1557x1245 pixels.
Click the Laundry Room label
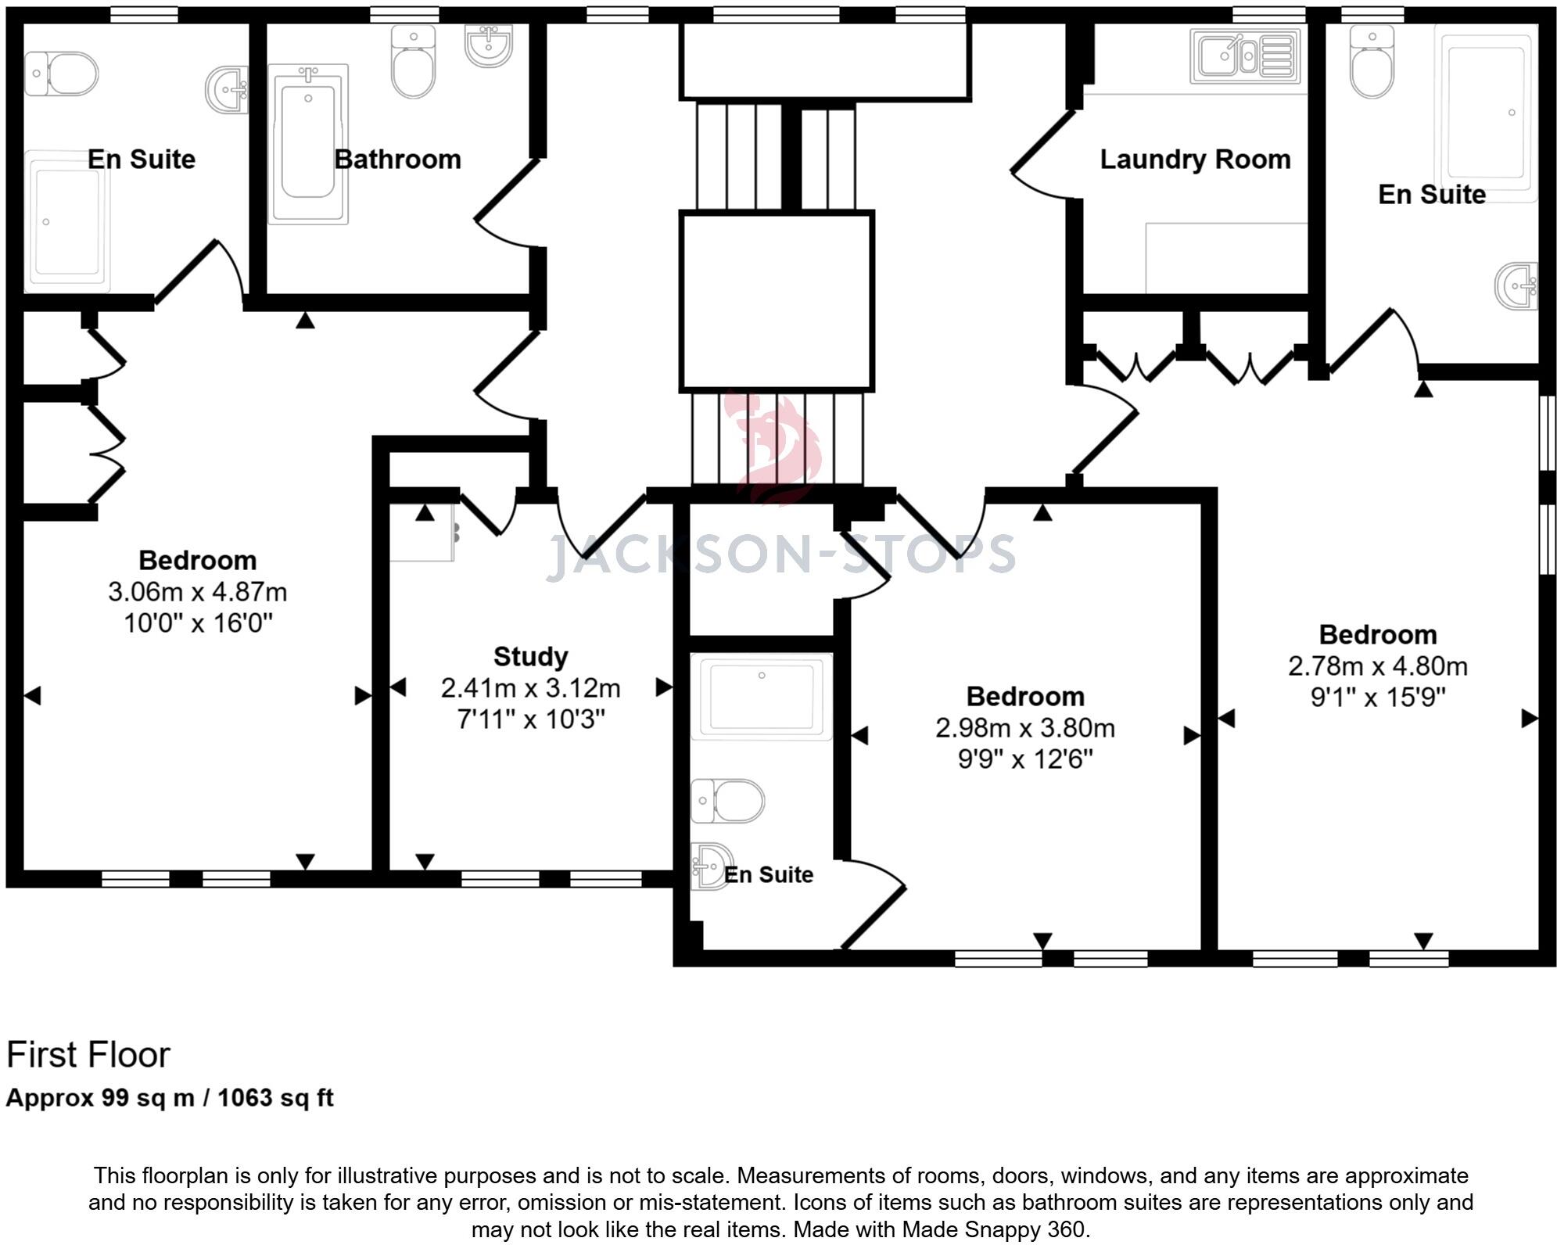1195,160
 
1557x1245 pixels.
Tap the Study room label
530,656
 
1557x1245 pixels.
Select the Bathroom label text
397,160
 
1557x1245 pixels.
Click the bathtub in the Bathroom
308,144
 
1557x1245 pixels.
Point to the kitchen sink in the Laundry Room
1245,56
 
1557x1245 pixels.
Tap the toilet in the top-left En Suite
61,74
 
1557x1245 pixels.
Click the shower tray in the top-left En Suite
67,221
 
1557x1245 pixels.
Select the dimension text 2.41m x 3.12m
530,688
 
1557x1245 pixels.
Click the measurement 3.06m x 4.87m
197,592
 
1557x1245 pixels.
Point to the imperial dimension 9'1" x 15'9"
1378,697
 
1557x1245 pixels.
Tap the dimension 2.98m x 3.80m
1025,728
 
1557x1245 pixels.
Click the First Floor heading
88,1055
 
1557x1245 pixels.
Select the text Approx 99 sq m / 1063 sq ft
170,1098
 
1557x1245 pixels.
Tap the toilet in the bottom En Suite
727,801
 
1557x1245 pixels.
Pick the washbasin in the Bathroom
489,45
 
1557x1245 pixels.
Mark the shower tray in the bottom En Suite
762,697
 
